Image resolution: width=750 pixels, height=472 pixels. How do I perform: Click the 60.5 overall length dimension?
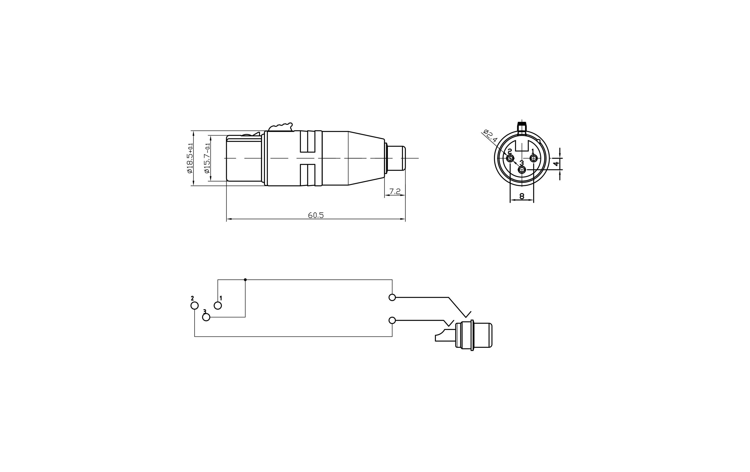pyautogui.click(x=315, y=215)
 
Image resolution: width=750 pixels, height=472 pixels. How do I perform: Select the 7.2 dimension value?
pyautogui.click(x=395, y=191)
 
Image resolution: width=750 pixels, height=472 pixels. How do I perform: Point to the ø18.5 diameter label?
pyautogui.click(x=190, y=158)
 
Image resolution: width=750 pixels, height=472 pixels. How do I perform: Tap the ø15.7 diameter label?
pyautogui.click(x=207, y=158)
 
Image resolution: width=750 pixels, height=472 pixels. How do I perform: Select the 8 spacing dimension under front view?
pyautogui.click(x=522, y=196)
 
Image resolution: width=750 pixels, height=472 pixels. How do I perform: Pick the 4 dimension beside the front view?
pyautogui.click(x=556, y=164)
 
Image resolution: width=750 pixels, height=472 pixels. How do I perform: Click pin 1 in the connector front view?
pyautogui.click(x=533, y=159)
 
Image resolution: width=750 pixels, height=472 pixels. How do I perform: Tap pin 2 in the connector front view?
pyautogui.click(x=510, y=159)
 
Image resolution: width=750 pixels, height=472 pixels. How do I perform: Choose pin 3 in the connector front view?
pyautogui.click(x=522, y=170)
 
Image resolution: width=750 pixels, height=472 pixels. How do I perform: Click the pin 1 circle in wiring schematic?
pyautogui.click(x=218, y=305)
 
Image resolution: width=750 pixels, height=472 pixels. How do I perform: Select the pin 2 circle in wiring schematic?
pyautogui.click(x=194, y=306)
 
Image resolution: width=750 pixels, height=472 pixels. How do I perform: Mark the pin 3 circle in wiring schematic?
pyautogui.click(x=206, y=317)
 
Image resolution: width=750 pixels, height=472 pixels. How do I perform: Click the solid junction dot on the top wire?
pyautogui.click(x=245, y=279)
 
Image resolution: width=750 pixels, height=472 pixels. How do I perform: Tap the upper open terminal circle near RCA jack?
pyautogui.click(x=392, y=297)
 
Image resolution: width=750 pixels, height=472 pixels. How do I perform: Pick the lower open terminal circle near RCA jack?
pyautogui.click(x=392, y=320)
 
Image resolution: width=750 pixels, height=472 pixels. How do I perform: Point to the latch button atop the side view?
pyautogui.click(x=281, y=127)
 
